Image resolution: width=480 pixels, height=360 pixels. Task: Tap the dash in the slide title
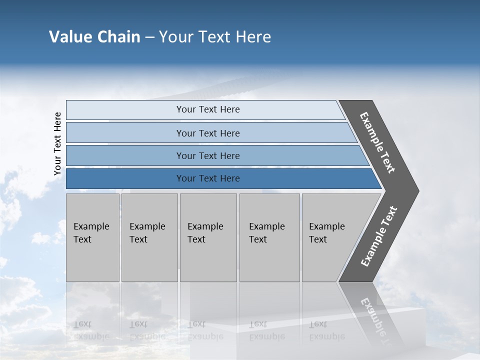(149, 37)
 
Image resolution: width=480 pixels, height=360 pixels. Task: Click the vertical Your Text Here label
(57, 143)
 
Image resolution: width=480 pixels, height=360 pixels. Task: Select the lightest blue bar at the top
(207, 109)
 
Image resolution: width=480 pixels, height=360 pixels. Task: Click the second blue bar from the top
(207, 133)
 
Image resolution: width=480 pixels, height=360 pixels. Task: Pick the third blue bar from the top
(207, 155)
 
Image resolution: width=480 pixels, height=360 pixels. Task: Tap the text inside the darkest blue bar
(207, 178)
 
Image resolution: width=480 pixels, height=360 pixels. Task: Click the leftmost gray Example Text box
(92, 237)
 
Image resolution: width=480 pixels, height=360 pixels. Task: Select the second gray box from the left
(149, 237)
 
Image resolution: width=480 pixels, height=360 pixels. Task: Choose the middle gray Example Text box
(208, 237)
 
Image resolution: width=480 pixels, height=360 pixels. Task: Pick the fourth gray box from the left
(269, 237)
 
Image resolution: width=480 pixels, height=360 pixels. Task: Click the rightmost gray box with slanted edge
(332, 237)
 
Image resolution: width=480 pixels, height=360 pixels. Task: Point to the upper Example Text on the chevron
(377, 142)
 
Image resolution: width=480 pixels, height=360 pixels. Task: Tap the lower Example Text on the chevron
(379, 236)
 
